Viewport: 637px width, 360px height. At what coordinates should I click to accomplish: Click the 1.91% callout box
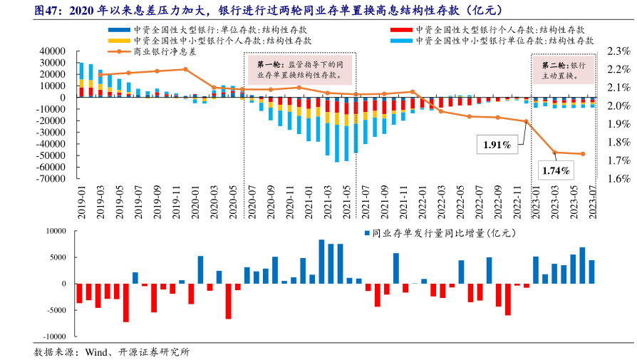click(x=497, y=145)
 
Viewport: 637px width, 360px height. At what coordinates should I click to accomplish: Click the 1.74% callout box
click(x=555, y=170)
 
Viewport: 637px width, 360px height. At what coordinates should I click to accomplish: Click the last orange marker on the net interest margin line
click(x=583, y=154)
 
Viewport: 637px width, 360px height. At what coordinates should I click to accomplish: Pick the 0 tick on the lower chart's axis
click(x=63, y=284)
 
